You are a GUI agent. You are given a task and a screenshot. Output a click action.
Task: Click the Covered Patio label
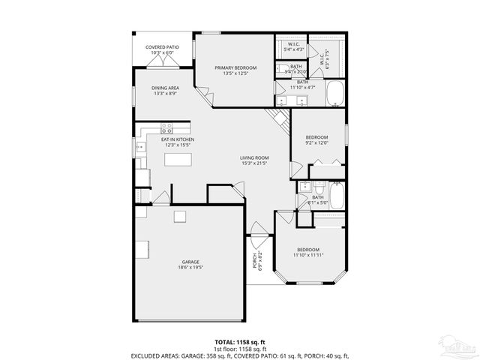click(163, 46)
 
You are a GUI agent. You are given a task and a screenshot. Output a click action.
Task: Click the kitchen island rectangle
click(176, 160)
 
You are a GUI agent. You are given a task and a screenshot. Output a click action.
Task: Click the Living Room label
click(254, 157)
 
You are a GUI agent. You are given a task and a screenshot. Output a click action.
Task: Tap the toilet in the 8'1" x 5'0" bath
click(318, 187)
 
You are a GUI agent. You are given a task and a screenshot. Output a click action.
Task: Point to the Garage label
click(190, 261)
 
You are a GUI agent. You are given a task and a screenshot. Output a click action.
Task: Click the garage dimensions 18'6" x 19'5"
click(190, 267)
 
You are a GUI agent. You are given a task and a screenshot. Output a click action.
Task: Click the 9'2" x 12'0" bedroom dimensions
click(316, 142)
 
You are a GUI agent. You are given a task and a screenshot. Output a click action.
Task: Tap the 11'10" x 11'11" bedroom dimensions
click(308, 255)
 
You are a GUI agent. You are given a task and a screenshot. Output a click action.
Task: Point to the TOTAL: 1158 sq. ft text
click(239, 340)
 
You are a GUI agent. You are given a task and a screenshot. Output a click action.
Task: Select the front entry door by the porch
click(258, 230)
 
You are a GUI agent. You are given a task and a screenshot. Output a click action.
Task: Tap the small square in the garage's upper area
click(180, 217)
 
